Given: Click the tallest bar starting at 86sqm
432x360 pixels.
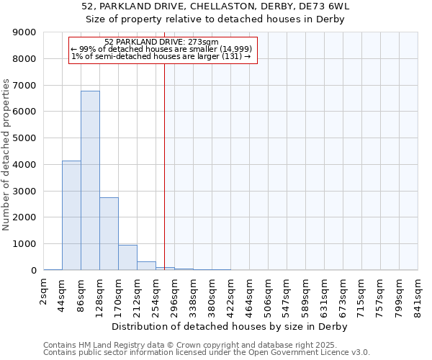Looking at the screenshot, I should (x=90, y=180).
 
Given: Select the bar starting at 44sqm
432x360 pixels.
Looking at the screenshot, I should (x=71, y=215).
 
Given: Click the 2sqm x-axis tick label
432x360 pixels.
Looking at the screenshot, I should (x=44, y=294).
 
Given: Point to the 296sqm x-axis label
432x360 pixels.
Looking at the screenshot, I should (x=175, y=294).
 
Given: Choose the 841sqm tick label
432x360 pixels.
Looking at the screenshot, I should (x=418, y=294).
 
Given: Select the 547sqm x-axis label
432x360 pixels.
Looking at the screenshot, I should (x=287, y=294).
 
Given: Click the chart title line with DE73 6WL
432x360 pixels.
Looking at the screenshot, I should (x=216, y=6).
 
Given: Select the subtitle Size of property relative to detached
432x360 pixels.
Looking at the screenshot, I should (x=216, y=19).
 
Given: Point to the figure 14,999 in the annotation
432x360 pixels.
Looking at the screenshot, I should (x=236, y=49).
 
